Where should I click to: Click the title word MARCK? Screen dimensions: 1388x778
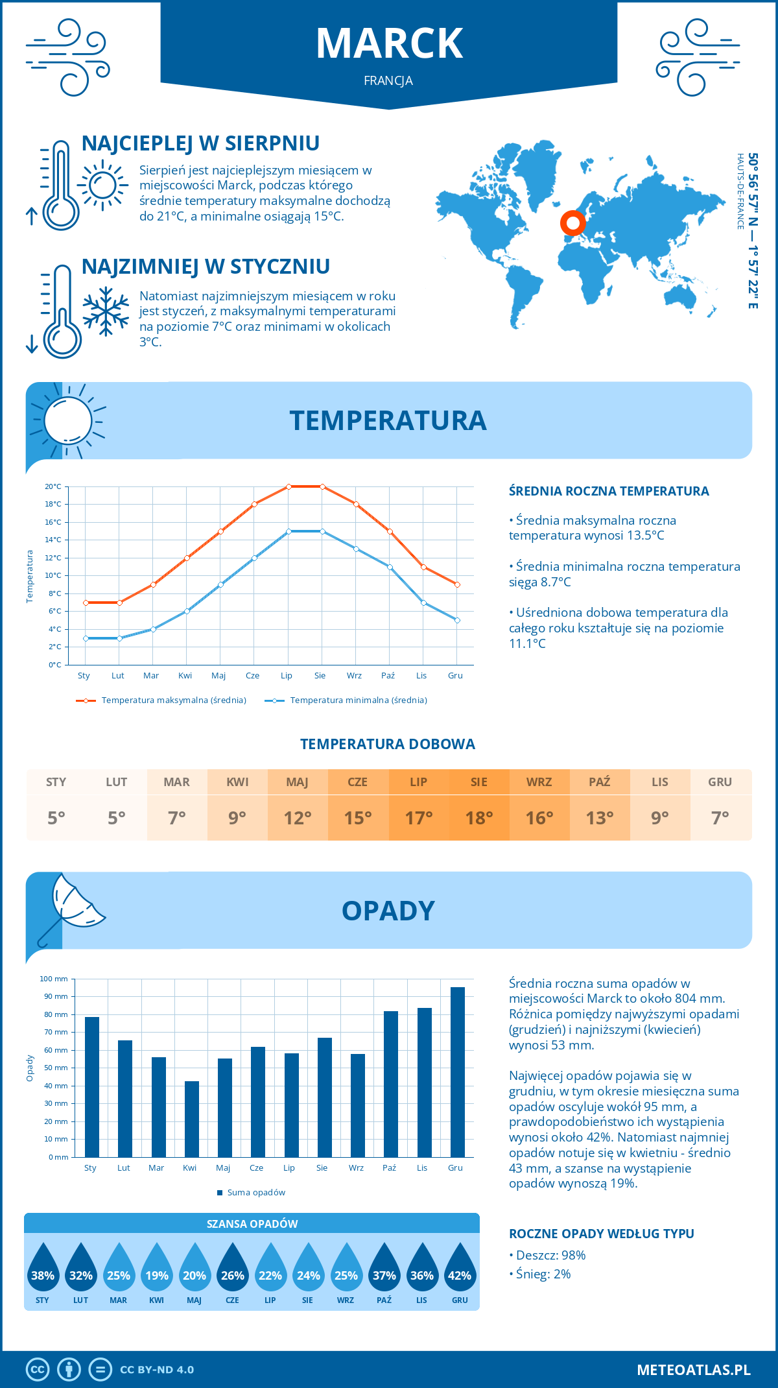[389, 43]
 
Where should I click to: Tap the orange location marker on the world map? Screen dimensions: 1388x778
[572, 223]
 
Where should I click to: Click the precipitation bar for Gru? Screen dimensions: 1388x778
[458, 1071]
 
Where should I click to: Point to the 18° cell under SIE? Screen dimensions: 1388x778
[479, 817]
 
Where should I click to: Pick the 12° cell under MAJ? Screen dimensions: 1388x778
[298, 817]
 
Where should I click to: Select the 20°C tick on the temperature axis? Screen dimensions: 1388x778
[53, 486]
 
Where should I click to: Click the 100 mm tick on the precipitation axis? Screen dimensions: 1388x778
[54, 979]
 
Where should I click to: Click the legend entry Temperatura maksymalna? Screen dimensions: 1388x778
[173, 700]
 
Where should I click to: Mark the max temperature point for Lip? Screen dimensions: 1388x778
[289, 486]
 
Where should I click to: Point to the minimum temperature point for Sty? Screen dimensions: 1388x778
[86, 638]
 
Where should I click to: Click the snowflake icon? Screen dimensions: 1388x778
[106, 311]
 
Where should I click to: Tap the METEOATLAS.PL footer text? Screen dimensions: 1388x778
[693, 1369]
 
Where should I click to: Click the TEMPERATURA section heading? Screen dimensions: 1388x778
[388, 420]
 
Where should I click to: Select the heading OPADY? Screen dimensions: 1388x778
[388, 911]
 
